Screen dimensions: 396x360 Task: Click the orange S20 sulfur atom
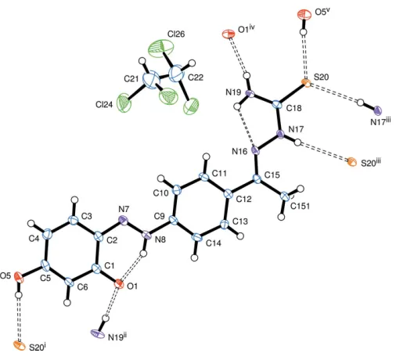click(306, 83)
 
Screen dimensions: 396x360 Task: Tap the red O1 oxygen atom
click(119, 284)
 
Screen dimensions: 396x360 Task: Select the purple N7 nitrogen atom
click(124, 221)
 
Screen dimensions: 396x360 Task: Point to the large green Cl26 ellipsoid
click(161, 49)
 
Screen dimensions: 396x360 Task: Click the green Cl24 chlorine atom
click(124, 103)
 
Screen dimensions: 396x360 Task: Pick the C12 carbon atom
click(229, 194)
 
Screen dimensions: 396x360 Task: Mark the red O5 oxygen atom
click(19, 277)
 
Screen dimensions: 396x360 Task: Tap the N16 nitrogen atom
click(255, 151)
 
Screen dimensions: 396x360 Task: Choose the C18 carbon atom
click(277, 105)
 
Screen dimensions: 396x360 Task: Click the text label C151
click(301, 206)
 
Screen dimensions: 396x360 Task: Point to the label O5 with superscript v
click(321, 12)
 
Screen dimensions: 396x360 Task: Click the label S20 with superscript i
click(38, 347)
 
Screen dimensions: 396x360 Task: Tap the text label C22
click(196, 77)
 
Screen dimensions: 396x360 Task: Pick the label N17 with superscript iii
click(380, 121)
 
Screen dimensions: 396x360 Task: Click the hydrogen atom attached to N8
click(143, 254)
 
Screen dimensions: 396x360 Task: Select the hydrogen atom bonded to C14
click(194, 258)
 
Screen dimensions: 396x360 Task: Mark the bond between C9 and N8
click(160, 229)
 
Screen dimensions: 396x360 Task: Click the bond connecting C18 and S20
click(292, 94)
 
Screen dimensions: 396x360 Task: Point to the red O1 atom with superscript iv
click(228, 34)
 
